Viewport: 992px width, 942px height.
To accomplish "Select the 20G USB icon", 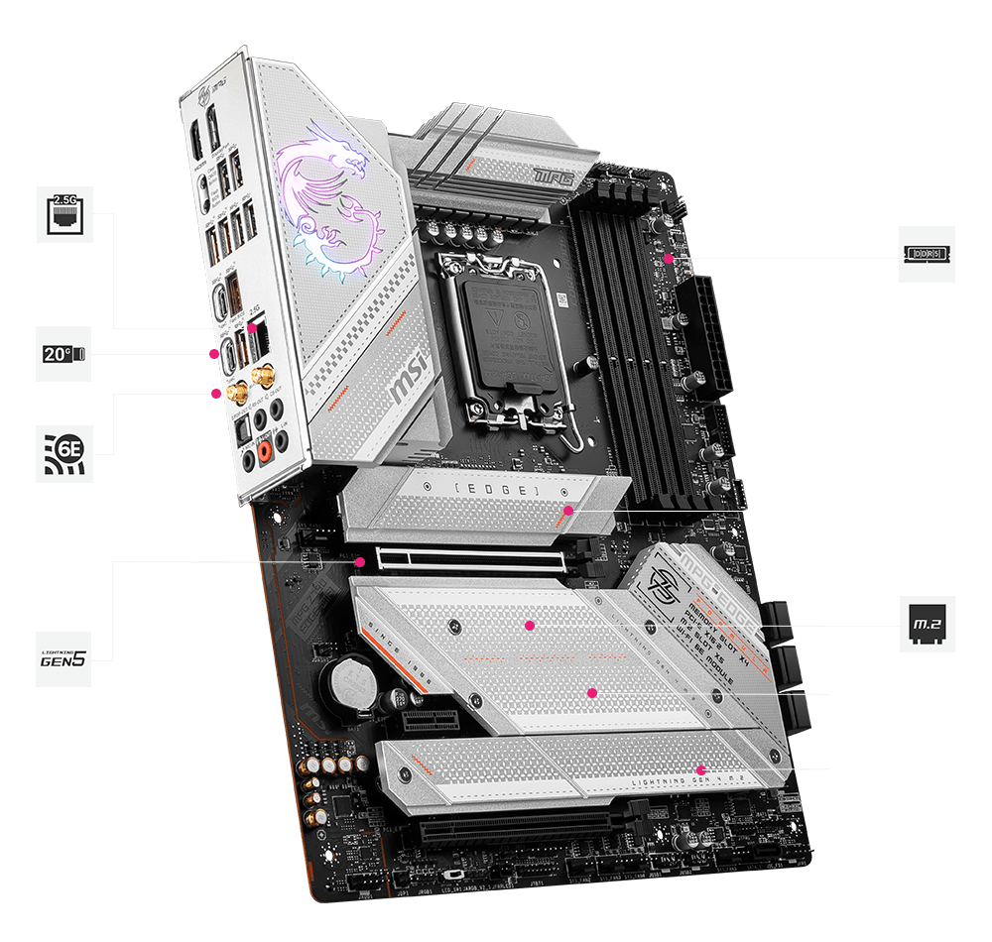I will [x=64, y=354].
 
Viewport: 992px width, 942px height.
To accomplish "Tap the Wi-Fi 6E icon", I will [x=64, y=453].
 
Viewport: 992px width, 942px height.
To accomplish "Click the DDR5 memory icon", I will [x=928, y=254].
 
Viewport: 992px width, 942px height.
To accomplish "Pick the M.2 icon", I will [x=928, y=624].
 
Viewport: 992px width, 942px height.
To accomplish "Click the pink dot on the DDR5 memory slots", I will [x=670, y=258].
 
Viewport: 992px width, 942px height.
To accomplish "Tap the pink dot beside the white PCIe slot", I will [x=361, y=561].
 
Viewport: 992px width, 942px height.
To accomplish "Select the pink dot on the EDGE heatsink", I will [x=567, y=512].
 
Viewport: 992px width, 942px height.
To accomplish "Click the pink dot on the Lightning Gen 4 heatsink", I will [x=700, y=768].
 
